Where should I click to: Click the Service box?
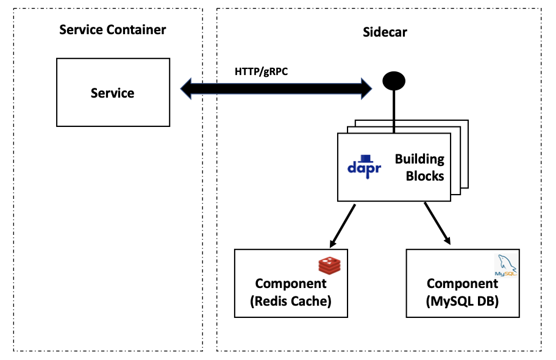(x=113, y=93)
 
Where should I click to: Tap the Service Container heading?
(x=112, y=30)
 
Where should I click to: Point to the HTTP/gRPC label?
(x=261, y=71)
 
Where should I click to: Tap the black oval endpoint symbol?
(x=394, y=80)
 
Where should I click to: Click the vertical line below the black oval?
(x=394, y=110)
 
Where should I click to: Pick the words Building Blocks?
(x=419, y=167)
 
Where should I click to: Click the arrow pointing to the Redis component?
(x=342, y=225)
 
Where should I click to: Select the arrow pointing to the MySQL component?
(x=437, y=223)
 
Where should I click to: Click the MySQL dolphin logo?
(x=507, y=265)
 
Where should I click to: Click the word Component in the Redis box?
(x=291, y=284)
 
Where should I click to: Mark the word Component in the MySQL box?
(x=462, y=284)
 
